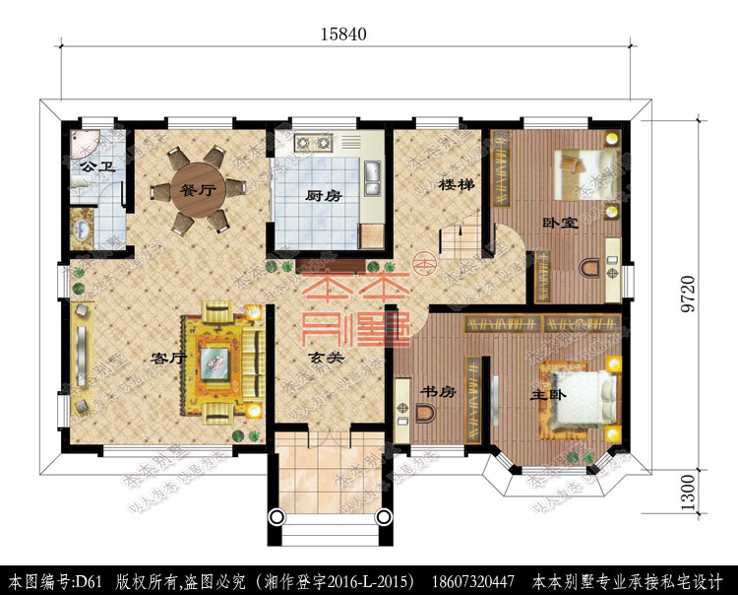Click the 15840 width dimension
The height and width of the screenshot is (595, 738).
tap(342, 33)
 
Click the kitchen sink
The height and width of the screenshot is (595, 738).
tap(374, 177)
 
